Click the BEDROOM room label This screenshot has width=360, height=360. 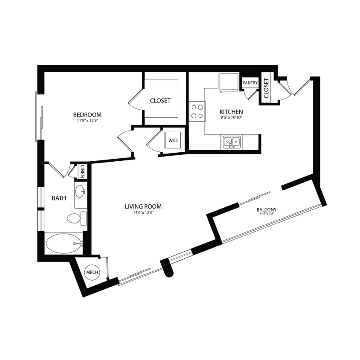point(87,114)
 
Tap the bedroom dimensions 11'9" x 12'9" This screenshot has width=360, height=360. point(87,121)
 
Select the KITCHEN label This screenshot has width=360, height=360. point(231,111)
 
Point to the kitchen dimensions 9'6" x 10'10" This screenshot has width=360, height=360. point(231,117)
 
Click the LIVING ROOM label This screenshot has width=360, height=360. point(143,206)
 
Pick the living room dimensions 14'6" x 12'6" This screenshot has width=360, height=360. point(143,213)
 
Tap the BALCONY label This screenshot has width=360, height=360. point(267,209)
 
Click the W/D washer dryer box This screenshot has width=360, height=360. point(173,140)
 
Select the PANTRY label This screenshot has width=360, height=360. point(250,83)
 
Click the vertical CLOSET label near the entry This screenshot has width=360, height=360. point(266,89)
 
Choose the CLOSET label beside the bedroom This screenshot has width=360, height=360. point(160,101)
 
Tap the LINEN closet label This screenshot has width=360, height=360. point(82,172)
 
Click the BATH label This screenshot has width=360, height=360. point(59,198)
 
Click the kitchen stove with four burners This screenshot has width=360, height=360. point(197,111)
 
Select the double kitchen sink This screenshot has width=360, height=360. point(232,142)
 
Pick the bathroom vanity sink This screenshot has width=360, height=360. point(80,191)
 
